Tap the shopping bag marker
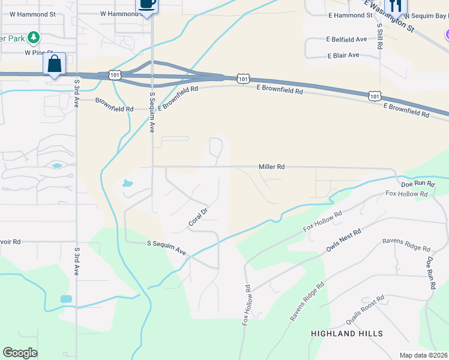(x=54, y=64)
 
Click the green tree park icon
(x=34, y=38)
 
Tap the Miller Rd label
(x=271, y=167)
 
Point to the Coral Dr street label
(x=197, y=217)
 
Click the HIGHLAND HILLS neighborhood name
(x=347, y=333)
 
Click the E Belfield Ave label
(x=346, y=39)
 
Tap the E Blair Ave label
(x=343, y=55)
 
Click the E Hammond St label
(x=349, y=15)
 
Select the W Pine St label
(x=39, y=53)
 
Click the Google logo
(x=20, y=353)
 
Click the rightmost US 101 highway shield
(x=374, y=96)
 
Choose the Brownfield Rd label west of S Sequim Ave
(x=114, y=109)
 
